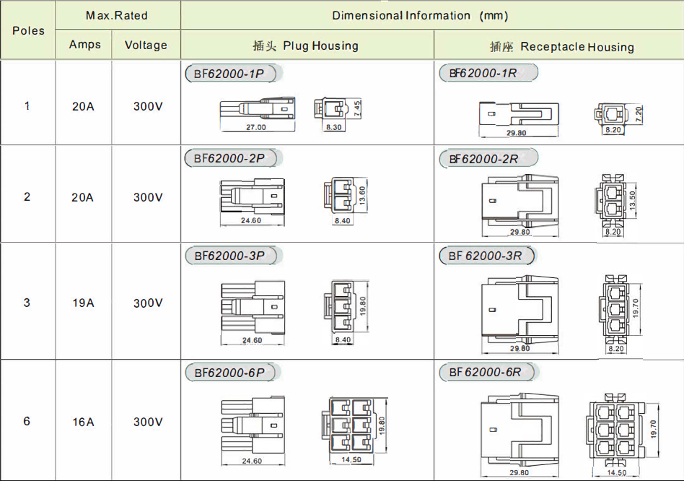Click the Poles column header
coord(28,30)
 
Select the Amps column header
coord(84,45)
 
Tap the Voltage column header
coord(146,45)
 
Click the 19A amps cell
coord(83,303)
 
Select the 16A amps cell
coord(83,422)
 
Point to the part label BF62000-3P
coord(230,256)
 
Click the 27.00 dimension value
coord(256,127)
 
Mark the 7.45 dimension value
coord(357,108)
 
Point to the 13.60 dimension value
coord(362,195)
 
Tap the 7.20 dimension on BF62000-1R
coord(639,114)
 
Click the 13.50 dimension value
coord(633,200)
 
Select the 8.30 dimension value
coord(334,127)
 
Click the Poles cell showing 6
coord(27,421)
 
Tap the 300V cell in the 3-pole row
coord(148,303)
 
